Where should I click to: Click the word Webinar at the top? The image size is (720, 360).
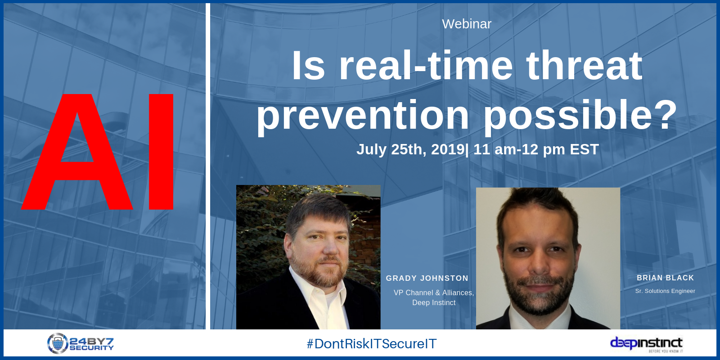tap(467, 24)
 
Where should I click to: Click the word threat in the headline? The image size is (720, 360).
tap(584, 66)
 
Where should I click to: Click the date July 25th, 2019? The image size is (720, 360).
tap(411, 149)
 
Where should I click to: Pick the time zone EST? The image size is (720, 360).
tap(585, 149)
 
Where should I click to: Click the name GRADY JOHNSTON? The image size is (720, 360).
tap(427, 279)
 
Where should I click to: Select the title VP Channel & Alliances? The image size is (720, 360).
tap(434, 293)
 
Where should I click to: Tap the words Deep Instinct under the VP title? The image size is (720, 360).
tap(434, 303)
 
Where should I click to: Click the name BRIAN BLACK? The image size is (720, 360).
tap(666, 278)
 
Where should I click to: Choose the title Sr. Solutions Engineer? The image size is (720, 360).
tap(665, 291)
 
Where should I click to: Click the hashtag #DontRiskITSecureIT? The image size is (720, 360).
tap(372, 344)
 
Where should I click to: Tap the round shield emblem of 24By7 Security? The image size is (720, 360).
tap(58, 343)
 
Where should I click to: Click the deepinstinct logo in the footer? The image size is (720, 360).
tap(646, 344)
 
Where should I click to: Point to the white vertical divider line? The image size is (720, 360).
tap(207, 166)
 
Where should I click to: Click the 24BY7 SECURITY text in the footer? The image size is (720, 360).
tap(92, 344)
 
